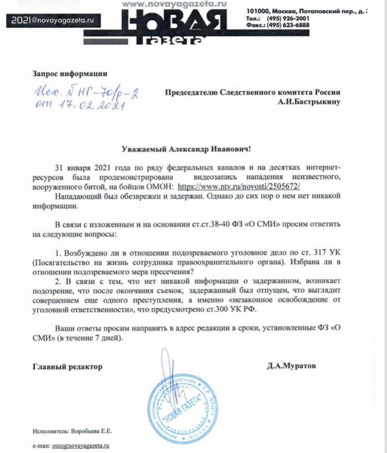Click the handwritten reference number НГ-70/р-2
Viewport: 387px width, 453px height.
coord(110,93)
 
